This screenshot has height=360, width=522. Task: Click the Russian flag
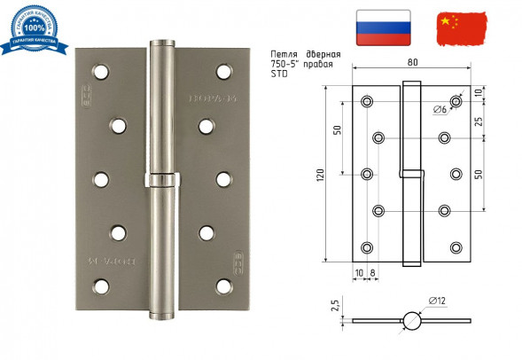(382, 27)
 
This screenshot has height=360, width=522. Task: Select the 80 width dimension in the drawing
(413, 61)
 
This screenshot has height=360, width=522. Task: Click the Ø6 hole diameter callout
(440, 110)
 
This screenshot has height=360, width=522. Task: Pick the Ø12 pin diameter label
(436, 302)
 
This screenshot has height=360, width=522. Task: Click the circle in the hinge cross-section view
(411, 321)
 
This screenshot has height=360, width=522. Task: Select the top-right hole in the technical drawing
(456, 101)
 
